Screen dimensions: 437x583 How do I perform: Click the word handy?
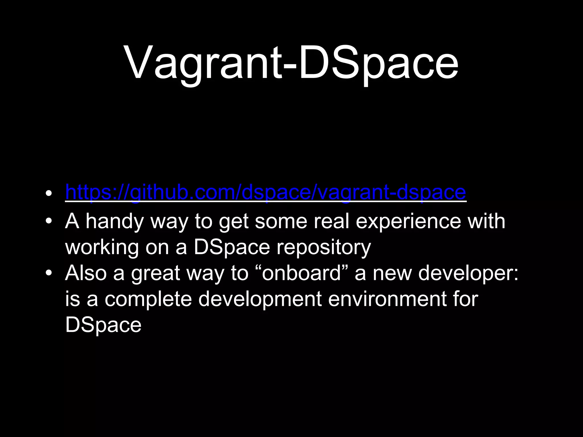[115, 221]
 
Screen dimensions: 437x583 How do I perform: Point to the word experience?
[408, 221]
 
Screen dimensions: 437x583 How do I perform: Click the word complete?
[148, 299]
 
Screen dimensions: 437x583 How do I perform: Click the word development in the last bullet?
[260, 300]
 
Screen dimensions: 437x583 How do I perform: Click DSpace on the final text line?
[103, 325]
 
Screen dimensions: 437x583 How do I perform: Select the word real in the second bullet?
[331, 221]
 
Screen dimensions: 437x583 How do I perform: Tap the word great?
[155, 274]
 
